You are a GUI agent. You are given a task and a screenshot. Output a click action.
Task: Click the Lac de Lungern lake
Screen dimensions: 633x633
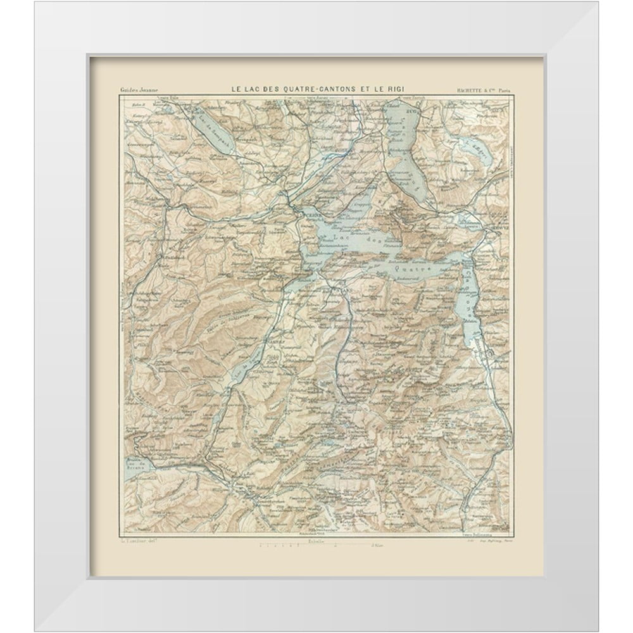coord(218,418)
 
